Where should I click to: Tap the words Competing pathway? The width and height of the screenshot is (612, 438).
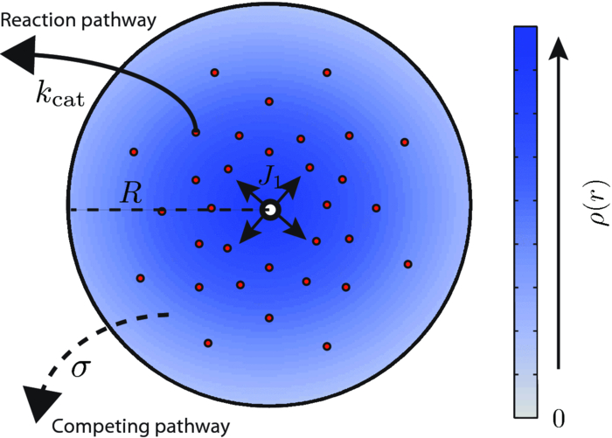click(x=140, y=427)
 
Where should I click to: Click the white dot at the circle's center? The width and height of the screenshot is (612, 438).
click(x=270, y=210)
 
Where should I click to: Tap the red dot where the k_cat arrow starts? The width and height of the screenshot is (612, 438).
click(x=196, y=132)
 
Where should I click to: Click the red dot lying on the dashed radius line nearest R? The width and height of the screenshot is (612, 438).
click(x=162, y=211)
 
